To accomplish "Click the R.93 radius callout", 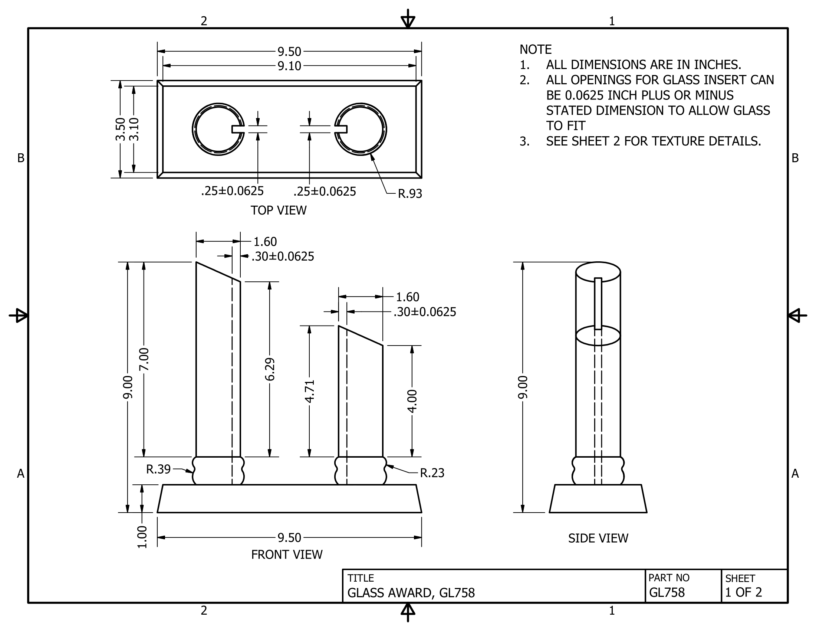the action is coord(410,194).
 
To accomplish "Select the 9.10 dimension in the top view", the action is coord(289,66).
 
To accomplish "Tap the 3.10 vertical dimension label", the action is coord(134,129).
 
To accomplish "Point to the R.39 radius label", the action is coord(158,469).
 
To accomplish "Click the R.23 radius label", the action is coord(432,473).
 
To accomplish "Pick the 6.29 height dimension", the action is coord(270,369).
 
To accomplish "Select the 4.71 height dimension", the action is coord(310,391).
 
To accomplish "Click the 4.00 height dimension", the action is coord(412,401).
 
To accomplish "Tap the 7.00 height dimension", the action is coord(144,359).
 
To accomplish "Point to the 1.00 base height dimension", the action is coord(142,537).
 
